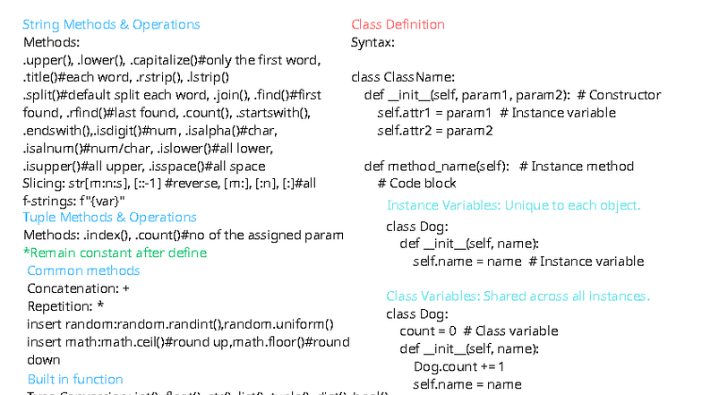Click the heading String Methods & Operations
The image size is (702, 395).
tap(111, 24)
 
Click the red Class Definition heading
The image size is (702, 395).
tap(398, 24)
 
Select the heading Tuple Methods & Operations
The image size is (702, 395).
tap(109, 217)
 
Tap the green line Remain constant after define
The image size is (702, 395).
tap(115, 253)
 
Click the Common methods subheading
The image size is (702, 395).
tap(83, 270)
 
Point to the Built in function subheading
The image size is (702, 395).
tap(75, 379)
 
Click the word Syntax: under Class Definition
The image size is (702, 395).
tap(372, 42)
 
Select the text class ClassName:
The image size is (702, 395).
tap(403, 77)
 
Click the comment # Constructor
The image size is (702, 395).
tap(619, 95)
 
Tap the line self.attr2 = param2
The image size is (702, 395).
tap(434, 131)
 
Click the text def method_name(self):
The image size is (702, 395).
tap(437, 166)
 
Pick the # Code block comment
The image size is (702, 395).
tap(416, 184)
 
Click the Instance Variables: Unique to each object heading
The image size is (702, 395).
tap(513, 205)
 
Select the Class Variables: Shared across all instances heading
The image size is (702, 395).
tap(518, 296)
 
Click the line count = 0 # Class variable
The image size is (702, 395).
tap(478, 331)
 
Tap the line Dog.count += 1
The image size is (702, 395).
tap(458, 366)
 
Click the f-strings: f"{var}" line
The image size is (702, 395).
tap(73, 200)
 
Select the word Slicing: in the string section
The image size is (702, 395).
tap(43, 183)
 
